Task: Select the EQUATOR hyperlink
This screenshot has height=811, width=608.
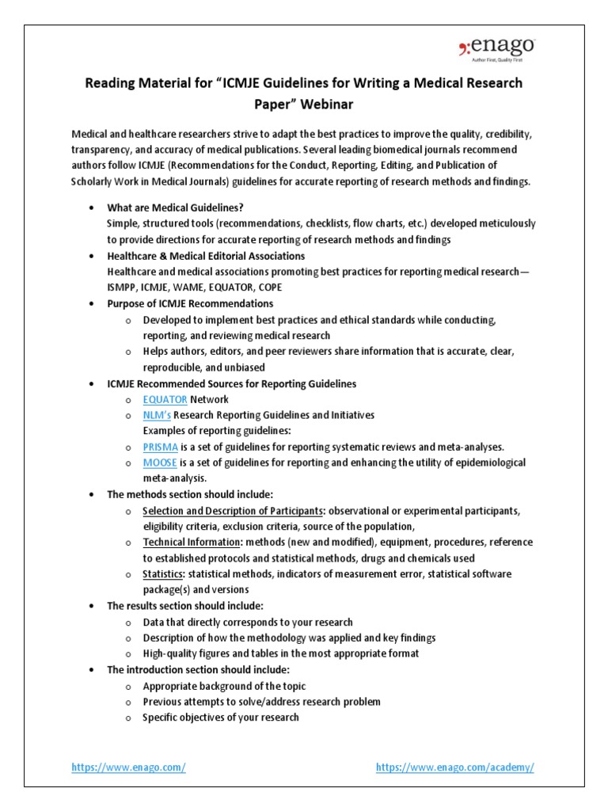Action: click(x=165, y=399)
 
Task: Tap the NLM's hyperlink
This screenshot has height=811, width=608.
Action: click(x=157, y=415)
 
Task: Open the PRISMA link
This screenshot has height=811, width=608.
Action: click(x=161, y=447)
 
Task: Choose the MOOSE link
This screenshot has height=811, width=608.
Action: click(x=160, y=463)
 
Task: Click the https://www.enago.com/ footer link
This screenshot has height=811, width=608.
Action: click(x=128, y=767)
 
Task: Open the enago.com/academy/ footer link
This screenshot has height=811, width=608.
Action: click(x=455, y=767)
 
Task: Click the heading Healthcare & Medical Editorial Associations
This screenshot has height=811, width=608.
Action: click(x=206, y=256)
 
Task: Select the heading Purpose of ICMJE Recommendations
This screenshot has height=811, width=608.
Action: click(x=190, y=303)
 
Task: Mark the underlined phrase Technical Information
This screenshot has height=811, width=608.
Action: click(x=192, y=543)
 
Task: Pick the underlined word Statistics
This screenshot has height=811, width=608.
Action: click(x=163, y=574)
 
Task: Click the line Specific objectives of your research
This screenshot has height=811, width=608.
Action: click(x=221, y=718)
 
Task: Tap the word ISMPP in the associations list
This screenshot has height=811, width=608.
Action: click(x=123, y=287)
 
